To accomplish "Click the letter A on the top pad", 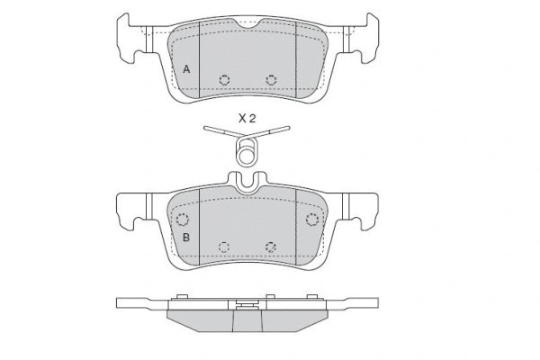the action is coord(186,69).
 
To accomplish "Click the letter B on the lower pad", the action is coord(186,238).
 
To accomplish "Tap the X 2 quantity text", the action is coord(247,119).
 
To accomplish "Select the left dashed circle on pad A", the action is coord(224,80).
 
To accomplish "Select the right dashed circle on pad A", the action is coord(272,80).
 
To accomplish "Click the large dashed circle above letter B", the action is coord(182,220).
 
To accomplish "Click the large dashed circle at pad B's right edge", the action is coord(312,220).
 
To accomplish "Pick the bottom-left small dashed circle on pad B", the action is coord(224,247).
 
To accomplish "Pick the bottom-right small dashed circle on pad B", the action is coord(271,247).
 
